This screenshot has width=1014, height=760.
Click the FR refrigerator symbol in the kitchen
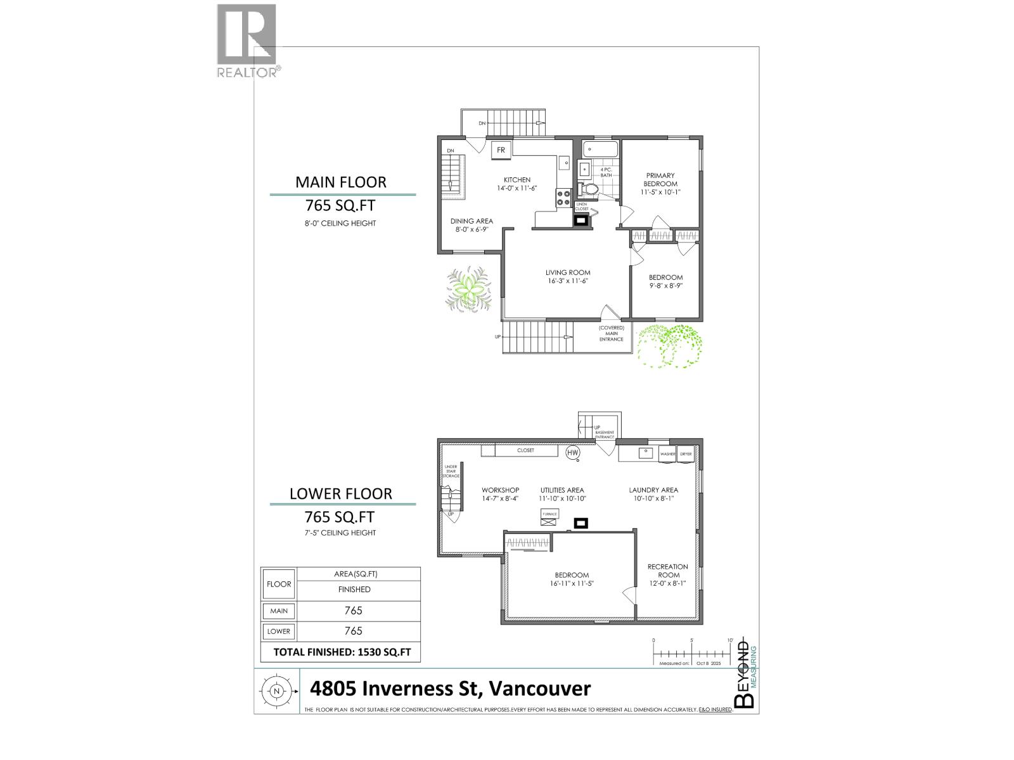pyautogui.click(x=501, y=150)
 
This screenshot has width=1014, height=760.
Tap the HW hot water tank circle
pyautogui.click(x=573, y=453)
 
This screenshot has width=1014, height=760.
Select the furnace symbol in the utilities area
pyautogui.click(x=549, y=517)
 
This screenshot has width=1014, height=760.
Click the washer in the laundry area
pyautogui.click(x=667, y=454)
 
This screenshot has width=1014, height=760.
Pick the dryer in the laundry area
pyautogui.click(x=686, y=454)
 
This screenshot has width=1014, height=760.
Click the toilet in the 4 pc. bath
pyautogui.click(x=591, y=189)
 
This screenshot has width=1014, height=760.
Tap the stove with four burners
pyautogui.click(x=563, y=198)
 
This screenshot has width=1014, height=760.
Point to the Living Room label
pyautogui.click(x=568, y=277)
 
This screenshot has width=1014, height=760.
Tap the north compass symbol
pyautogui.click(x=276, y=691)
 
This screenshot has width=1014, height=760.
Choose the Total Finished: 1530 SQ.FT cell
pyautogui.click(x=341, y=652)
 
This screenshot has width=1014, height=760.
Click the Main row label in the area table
pyautogui.click(x=279, y=611)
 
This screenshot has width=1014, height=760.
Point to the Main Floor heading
pyautogui.click(x=341, y=182)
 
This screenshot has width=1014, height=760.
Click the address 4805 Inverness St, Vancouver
pyautogui.click(x=450, y=688)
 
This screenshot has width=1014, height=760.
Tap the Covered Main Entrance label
pyautogui.click(x=612, y=333)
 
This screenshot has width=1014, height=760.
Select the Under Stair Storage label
pyautogui.click(x=451, y=471)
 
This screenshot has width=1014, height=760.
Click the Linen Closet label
pyautogui.click(x=582, y=206)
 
